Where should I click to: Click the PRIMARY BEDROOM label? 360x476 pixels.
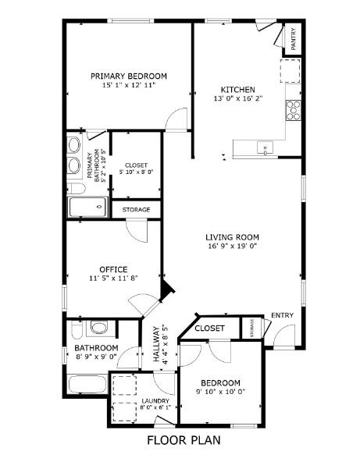129,76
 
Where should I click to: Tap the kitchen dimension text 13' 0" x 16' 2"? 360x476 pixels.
238,98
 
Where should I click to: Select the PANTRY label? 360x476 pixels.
293,39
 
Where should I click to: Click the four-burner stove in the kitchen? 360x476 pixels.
294,111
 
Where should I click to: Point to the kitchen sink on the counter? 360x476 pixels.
265,148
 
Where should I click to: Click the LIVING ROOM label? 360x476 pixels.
233,237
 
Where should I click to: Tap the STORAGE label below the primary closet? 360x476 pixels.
136,209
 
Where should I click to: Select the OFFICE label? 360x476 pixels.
113,269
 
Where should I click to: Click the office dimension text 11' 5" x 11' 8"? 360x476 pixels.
113,278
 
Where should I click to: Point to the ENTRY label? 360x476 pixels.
282,315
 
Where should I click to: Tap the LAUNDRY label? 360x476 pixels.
155,401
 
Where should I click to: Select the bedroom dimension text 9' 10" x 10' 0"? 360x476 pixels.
220,391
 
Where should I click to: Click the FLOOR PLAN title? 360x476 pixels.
184,440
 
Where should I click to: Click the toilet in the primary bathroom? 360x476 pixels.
76,189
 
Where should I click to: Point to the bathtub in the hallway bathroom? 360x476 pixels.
87,385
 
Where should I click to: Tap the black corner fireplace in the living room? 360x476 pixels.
166,291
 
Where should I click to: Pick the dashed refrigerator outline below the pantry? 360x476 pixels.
290,71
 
